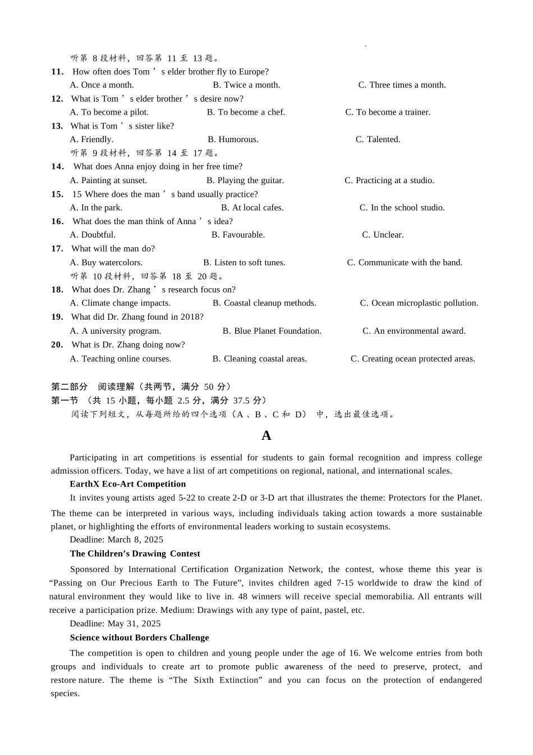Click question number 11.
(57, 72)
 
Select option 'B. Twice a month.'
(246, 85)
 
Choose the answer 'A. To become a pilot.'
(109, 112)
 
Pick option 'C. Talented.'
(378, 139)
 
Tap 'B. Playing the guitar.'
(245, 180)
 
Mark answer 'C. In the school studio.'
(402, 208)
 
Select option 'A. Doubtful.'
(93, 235)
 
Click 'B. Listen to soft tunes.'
(244, 262)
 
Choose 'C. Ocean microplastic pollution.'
(419, 303)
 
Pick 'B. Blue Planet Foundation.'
(272, 331)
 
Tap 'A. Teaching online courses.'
(121, 359)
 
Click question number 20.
(57, 345)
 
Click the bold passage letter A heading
(266, 435)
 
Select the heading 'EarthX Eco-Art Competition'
(127, 484)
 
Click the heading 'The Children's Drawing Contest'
(135, 554)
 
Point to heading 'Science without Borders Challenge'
(139, 638)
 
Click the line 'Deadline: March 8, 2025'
(116, 540)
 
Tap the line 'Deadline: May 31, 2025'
(115, 624)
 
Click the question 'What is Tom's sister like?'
(122, 126)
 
